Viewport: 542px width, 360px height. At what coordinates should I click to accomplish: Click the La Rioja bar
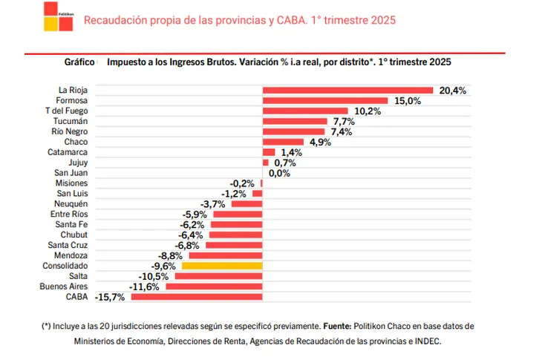pyautogui.click(x=347, y=90)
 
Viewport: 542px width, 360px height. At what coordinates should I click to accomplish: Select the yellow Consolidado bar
pyautogui.click(x=222, y=266)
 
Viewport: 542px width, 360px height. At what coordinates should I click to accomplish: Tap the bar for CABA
pyautogui.click(x=197, y=297)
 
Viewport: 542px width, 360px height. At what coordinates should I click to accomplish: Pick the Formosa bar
pyautogui.click(x=325, y=100)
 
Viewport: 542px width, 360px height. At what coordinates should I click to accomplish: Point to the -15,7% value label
pyautogui.click(x=110, y=297)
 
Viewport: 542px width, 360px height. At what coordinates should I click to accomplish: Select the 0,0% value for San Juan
pyautogui.click(x=278, y=173)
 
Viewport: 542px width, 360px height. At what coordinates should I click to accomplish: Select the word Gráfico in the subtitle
pyautogui.click(x=79, y=62)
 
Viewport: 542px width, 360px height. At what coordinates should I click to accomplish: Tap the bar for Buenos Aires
pyautogui.click(x=215, y=287)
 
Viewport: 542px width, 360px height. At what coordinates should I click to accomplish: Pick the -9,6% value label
pyautogui.click(x=163, y=266)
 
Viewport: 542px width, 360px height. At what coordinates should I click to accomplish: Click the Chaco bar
pyautogui.click(x=284, y=142)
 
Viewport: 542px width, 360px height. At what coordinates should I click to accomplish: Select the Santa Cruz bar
pyautogui.click(x=234, y=245)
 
